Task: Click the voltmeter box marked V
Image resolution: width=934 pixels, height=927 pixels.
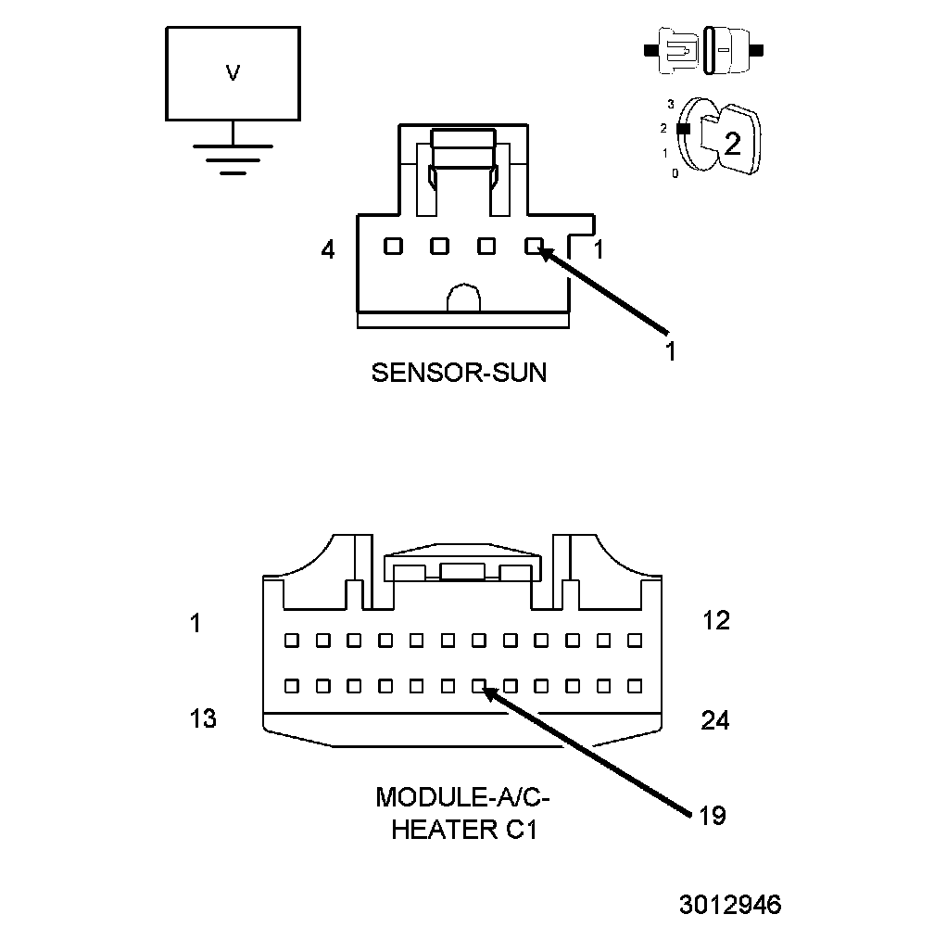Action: (x=233, y=73)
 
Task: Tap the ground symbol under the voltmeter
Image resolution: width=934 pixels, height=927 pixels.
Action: (x=233, y=158)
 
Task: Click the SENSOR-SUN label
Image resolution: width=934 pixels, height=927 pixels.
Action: (x=459, y=373)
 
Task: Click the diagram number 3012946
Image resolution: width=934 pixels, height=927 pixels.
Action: (x=729, y=904)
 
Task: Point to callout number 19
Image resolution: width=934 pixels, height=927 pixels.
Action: (x=712, y=816)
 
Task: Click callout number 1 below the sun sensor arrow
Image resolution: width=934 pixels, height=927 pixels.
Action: (x=670, y=351)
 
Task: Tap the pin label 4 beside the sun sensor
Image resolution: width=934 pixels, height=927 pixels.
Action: (x=328, y=249)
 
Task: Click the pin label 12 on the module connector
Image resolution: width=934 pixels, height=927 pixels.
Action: (x=715, y=621)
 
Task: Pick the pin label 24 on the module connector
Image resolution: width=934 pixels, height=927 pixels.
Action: (x=714, y=719)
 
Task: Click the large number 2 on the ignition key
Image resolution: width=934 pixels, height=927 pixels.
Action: (x=732, y=143)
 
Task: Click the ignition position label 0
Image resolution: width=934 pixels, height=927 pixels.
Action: (x=675, y=173)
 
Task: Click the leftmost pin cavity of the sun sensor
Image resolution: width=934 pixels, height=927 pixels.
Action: (x=393, y=247)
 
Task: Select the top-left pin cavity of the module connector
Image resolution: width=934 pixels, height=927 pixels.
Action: (x=291, y=640)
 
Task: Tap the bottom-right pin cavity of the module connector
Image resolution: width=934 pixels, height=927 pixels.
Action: (x=635, y=687)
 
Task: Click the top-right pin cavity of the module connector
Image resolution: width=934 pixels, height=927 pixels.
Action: (x=635, y=640)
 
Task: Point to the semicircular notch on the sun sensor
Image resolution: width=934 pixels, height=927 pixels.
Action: (x=463, y=299)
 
